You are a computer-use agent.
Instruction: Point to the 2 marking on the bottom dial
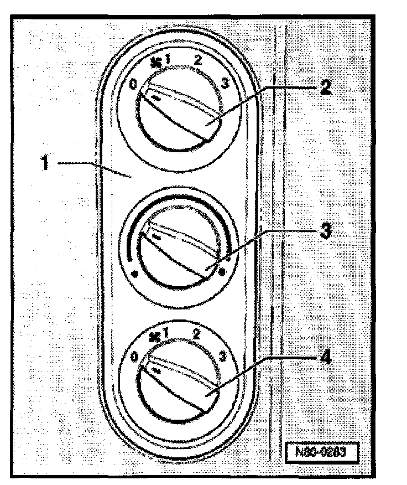coord(196,334)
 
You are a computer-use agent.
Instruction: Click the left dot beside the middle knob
coord(134,273)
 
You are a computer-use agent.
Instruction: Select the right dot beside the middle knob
coord(222,272)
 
